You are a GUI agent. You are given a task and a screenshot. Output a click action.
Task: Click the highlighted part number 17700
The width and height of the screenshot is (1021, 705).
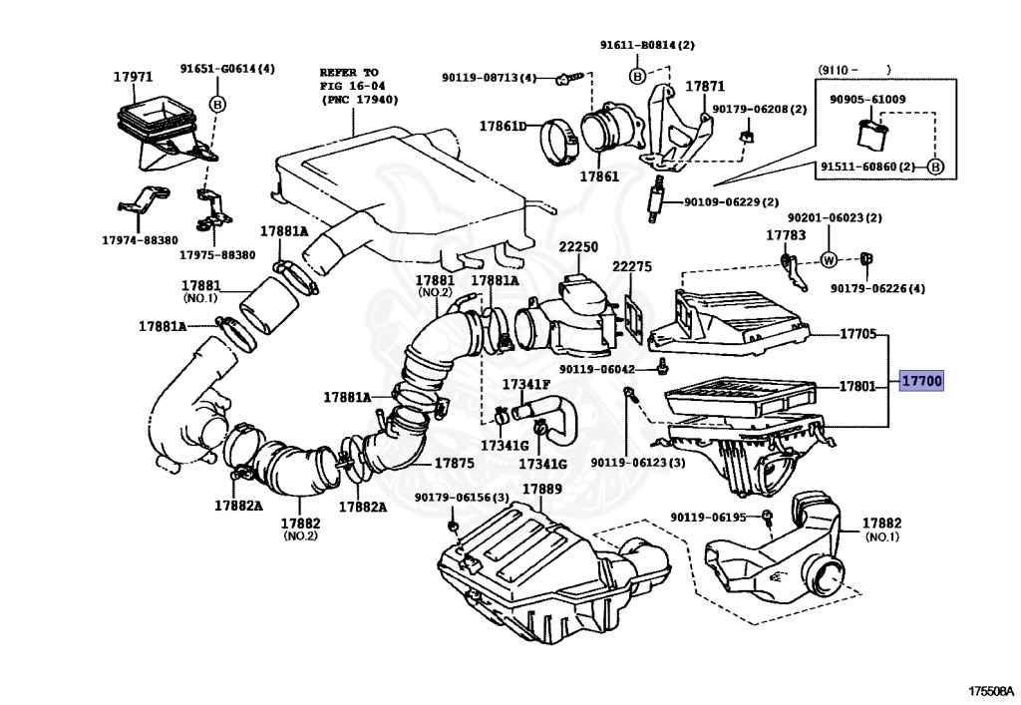tap(921, 381)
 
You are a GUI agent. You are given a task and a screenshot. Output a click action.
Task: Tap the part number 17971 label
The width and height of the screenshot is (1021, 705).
tap(133, 77)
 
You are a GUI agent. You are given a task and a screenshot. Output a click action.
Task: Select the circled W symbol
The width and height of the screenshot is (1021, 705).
tap(829, 259)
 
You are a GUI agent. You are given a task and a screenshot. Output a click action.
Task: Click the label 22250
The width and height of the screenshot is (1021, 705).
tap(578, 247)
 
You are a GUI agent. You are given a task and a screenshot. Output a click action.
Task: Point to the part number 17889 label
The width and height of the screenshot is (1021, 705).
tap(542, 489)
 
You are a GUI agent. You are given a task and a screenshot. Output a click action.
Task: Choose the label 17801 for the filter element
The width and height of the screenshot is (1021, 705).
tap(857, 387)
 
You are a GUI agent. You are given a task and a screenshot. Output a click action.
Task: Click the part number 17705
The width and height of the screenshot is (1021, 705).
tap(858, 334)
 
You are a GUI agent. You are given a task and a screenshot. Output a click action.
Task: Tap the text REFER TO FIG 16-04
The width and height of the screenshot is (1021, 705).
tap(352, 79)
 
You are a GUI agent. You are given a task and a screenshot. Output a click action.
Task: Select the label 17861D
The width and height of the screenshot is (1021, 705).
tap(504, 126)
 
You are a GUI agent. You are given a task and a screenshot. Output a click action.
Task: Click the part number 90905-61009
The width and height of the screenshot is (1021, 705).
tap(867, 100)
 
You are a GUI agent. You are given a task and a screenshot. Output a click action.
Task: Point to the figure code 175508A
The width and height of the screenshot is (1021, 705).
tap(991, 691)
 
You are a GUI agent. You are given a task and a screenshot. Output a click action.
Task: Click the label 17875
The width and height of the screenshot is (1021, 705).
tap(454, 464)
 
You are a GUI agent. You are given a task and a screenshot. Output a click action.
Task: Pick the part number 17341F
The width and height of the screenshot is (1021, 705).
tap(526, 384)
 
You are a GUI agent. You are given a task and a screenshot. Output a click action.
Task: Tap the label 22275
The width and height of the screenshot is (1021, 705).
tap(631, 267)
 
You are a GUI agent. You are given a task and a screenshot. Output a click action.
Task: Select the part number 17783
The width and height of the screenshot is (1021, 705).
tap(786, 235)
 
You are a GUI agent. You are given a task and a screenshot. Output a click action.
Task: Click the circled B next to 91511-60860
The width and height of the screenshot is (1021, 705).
tap(935, 167)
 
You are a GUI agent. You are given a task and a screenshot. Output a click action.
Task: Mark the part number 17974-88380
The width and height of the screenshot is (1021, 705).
tap(140, 240)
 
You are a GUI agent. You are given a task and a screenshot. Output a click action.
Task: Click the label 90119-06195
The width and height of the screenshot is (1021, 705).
tap(709, 517)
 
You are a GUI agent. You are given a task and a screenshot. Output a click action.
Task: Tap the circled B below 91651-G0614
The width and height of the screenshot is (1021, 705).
tap(217, 104)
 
